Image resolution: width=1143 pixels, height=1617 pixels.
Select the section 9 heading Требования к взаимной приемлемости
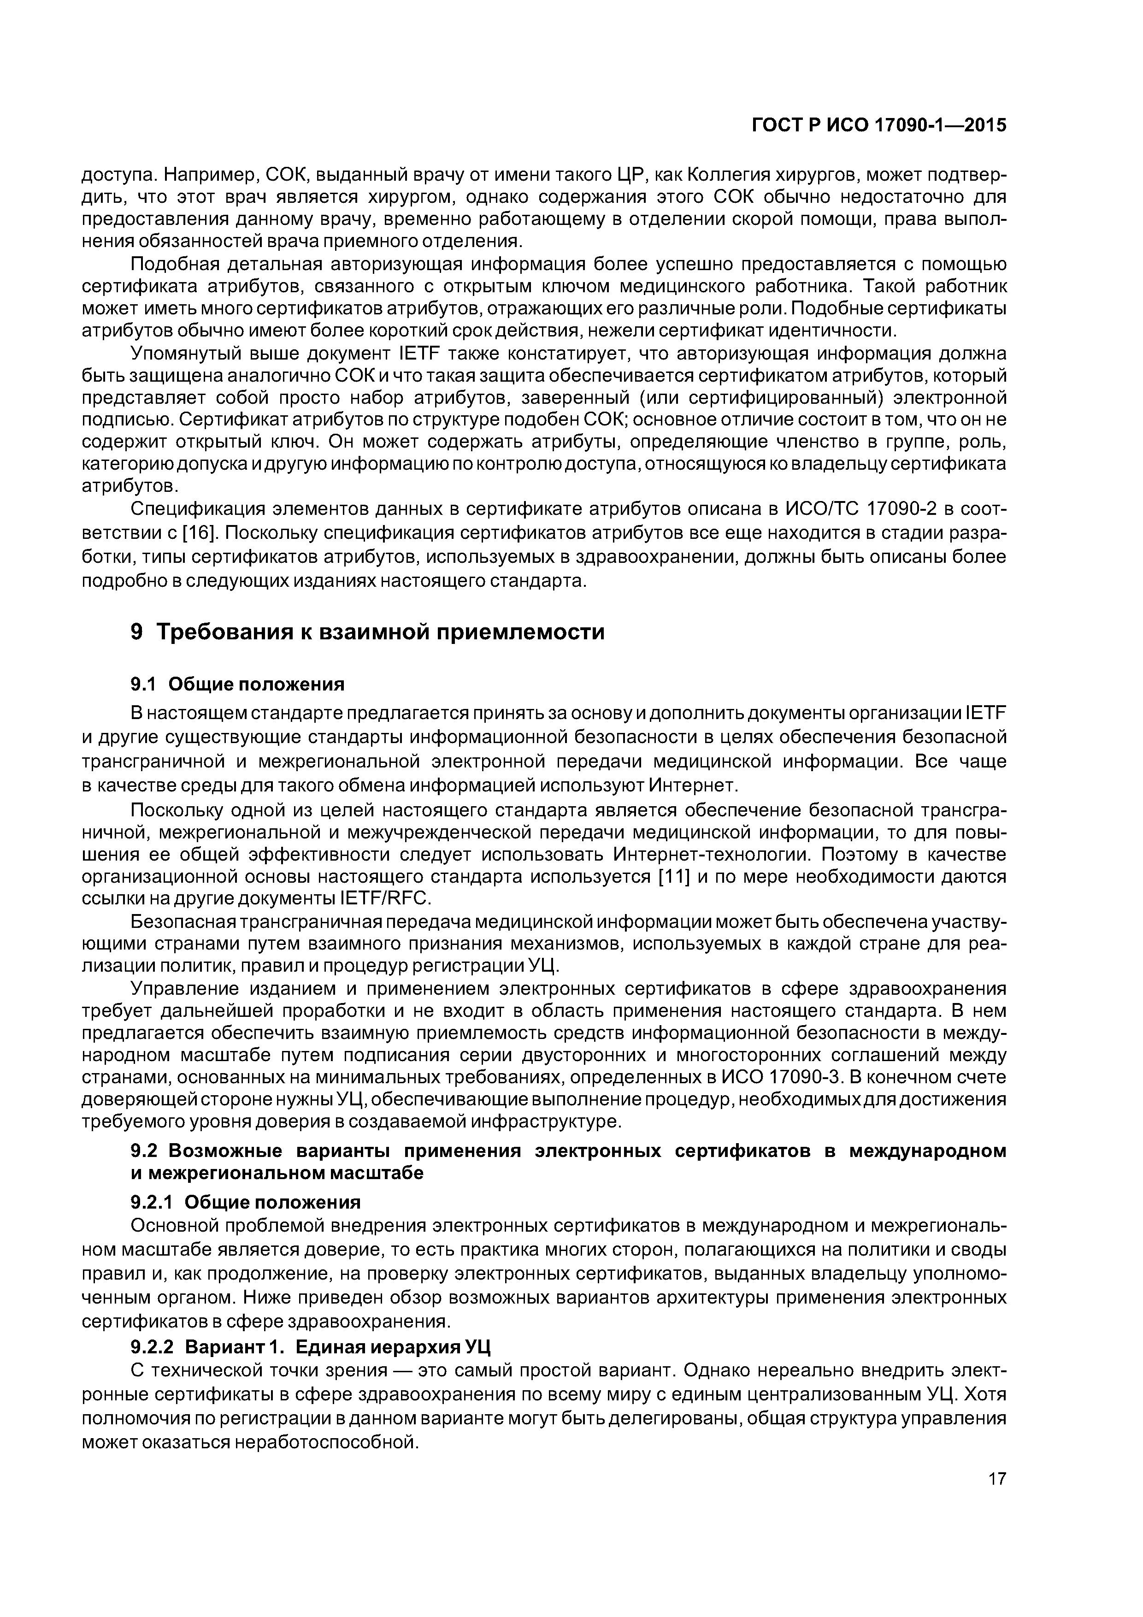pos(368,632)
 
